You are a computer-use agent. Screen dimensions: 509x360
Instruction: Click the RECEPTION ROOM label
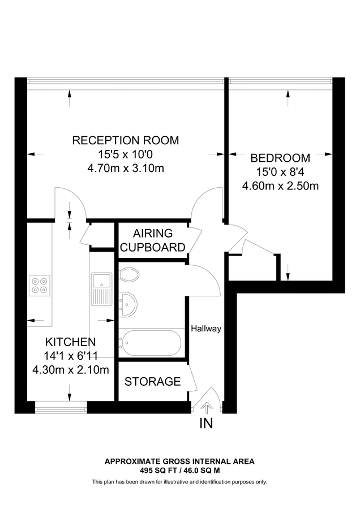point(125,140)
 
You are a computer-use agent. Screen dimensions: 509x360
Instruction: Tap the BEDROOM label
point(280,158)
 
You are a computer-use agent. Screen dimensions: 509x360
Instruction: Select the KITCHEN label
point(70,342)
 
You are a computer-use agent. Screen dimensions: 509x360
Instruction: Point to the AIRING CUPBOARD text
point(153,240)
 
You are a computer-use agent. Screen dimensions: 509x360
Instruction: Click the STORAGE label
point(152,382)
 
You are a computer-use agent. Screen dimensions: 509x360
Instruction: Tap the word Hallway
point(205,329)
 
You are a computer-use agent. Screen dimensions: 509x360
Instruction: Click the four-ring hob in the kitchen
point(40,284)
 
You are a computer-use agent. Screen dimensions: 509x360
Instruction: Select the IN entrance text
point(206,424)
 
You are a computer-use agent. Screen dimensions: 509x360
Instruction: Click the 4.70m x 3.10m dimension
point(125,168)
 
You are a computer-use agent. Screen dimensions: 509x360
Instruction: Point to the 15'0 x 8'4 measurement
point(280,171)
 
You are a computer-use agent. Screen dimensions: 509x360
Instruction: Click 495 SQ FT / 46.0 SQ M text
point(179,470)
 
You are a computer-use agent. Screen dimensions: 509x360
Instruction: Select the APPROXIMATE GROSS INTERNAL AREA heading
point(179,461)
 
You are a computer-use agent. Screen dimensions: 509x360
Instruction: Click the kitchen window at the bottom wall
point(59,405)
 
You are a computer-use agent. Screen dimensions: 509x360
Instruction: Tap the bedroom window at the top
point(280,81)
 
